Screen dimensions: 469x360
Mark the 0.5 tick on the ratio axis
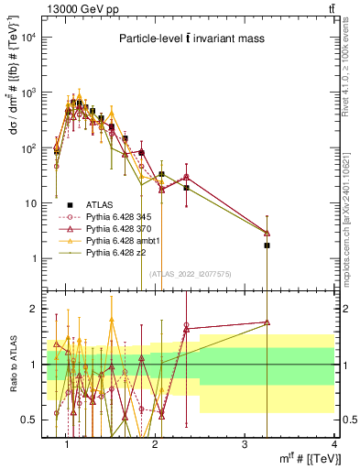32,420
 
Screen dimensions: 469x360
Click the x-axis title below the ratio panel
302,460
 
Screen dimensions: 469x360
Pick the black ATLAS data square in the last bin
267,245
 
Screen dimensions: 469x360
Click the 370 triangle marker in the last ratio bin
267,322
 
